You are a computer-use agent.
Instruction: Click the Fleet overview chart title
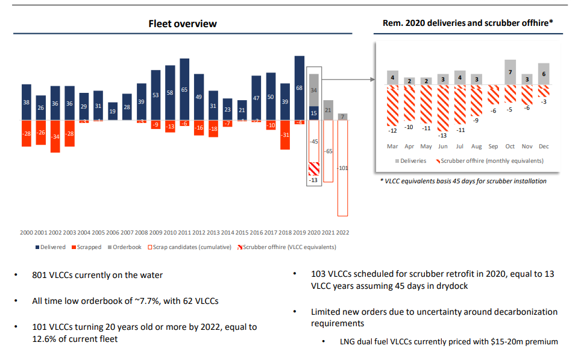(183, 24)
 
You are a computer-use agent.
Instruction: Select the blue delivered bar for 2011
(184, 89)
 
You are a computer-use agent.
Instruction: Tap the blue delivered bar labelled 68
(300, 88)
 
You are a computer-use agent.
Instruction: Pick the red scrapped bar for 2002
(55, 136)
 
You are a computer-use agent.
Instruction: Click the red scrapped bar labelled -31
(286, 135)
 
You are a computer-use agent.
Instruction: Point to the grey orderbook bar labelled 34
(314, 90)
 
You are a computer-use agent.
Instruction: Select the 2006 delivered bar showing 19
(113, 112)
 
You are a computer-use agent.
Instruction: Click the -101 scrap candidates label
(343, 168)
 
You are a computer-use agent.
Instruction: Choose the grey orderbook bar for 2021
(328, 110)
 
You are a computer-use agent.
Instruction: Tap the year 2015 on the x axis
(242, 232)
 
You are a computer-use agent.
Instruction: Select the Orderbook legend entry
(125, 247)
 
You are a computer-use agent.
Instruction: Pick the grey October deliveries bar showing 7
(510, 72)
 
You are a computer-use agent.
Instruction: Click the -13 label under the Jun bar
(442, 135)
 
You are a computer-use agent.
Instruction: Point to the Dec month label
(544, 147)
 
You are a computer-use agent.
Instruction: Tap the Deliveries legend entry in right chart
(410, 161)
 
